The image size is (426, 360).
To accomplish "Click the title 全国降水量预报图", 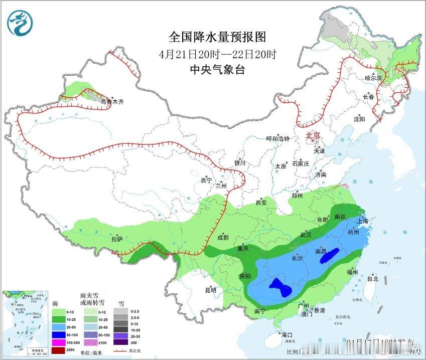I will pyautogui.click(x=217, y=37).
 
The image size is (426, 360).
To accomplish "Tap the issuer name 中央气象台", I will pyautogui.click(x=217, y=70).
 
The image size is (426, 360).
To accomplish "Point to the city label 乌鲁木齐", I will pyautogui.click(x=112, y=101).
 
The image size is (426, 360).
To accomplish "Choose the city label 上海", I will pyautogui.click(x=362, y=221).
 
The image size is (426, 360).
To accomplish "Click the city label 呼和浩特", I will pyautogui.click(x=278, y=138).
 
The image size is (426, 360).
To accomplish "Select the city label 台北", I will pyautogui.click(x=373, y=278).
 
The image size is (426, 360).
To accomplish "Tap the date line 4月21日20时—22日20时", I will pyautogui.click(x=217, y=54).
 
